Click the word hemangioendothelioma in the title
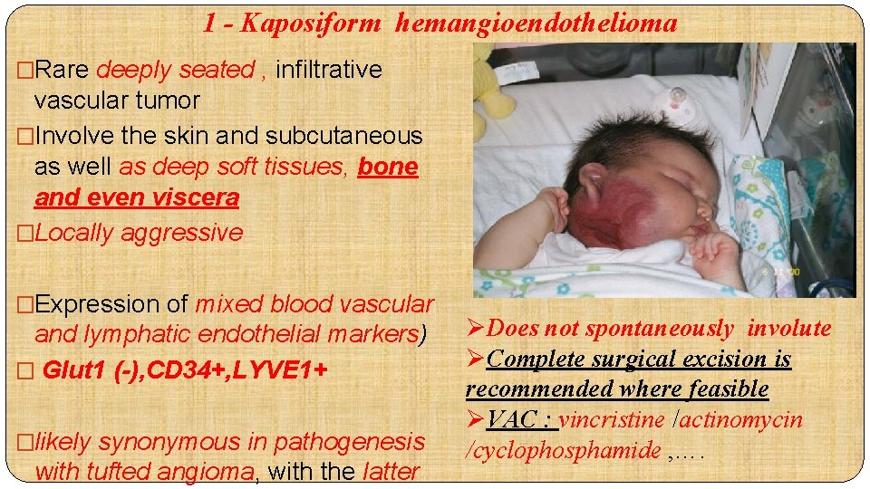536,24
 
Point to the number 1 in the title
210,24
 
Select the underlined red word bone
388,168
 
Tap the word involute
788,329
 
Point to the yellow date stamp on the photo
779,272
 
